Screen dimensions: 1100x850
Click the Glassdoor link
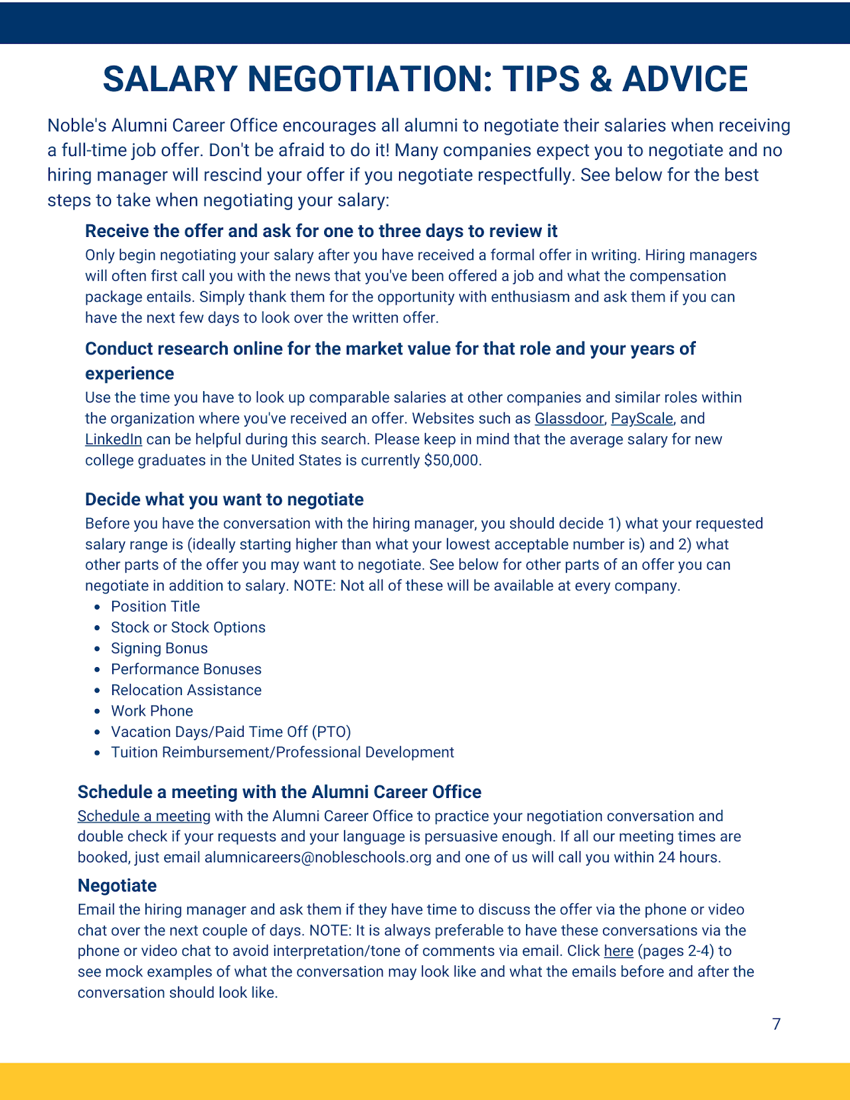(x=569, y=419)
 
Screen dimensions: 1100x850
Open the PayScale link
(x=641, y=419)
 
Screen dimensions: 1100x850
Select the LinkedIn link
(x=114, y=439)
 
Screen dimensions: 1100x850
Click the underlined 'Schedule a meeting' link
(x=144, y=817)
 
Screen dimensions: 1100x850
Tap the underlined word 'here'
(x=618, y=951)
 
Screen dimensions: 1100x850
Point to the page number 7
(x=776, y=1024)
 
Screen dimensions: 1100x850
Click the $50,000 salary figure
(x=452, y=461)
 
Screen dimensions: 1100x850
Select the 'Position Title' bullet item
(x=155, y=607)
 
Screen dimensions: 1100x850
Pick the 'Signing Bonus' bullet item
(x=159, y=649)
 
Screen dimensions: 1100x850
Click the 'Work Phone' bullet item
(x=152, y=711)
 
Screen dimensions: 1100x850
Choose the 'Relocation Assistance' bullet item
(x=186, y=690)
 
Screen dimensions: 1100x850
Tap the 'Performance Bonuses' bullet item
(x=186, y=669)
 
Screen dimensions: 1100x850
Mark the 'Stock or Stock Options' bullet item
(x=188, y=628)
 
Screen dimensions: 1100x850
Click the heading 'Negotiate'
(x=117, y=886)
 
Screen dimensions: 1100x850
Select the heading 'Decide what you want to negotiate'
(x=224, y=500)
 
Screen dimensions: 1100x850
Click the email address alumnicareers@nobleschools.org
(x=318, y=858)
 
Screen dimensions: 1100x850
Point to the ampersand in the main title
(x=600, y=80)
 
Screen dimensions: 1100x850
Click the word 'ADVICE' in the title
(x=685, y=80)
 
